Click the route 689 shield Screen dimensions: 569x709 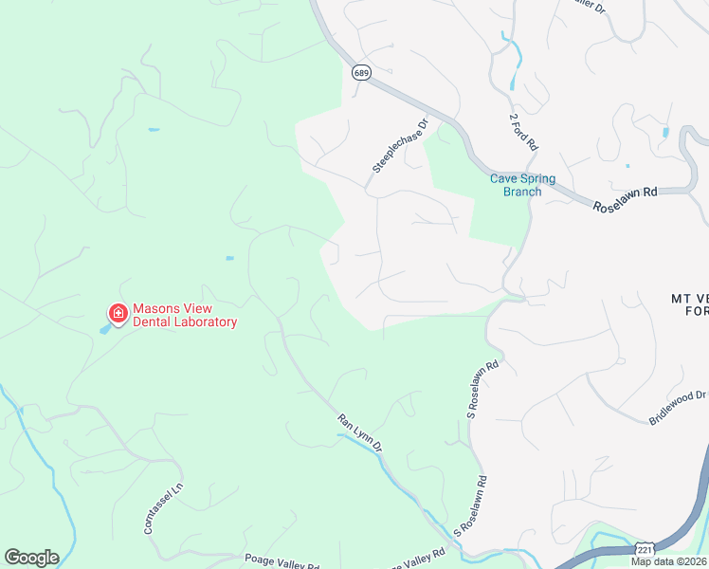[x=360, y=72]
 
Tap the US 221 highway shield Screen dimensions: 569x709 [x=645, y=549]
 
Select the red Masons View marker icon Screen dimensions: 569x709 [x=118, y=312]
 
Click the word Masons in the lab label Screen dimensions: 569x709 [x=155, y=308]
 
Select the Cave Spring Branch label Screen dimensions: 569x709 [x=522, y=185]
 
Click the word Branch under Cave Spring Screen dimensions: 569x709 [x=522, y=192]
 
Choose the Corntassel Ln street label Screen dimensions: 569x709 [x=161, y=509]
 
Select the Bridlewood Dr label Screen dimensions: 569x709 [x=679, y=407]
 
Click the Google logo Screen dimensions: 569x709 [x=31, y=558]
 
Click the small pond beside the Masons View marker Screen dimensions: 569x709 [x=103, y=329]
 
